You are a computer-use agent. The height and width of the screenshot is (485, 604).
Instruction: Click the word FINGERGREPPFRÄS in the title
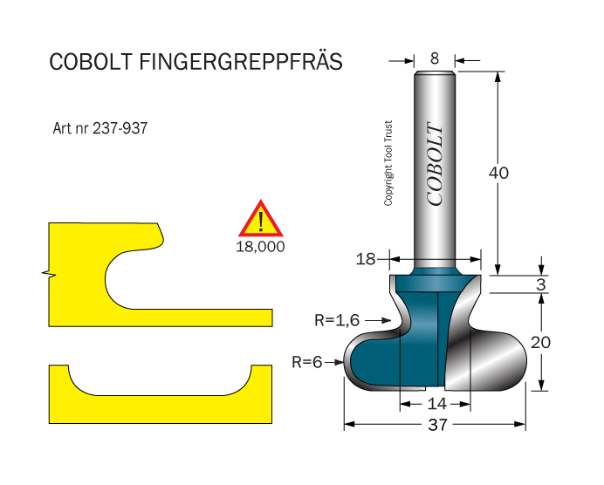(x=241, y=62)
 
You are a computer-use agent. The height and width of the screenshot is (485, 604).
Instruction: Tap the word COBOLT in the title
(x=93, y=62)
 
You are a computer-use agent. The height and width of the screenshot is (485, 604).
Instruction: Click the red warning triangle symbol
(x=261, y=220)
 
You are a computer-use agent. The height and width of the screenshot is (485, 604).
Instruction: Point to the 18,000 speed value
(x=261, y=246)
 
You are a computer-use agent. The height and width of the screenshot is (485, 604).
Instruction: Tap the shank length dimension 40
(x=498, y=173)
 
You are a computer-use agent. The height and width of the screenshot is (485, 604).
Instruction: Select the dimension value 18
(x=366, y=259)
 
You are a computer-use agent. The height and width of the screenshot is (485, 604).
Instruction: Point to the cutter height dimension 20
(x=541, y=343)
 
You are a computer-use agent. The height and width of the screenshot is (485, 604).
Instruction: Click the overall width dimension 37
(x=437, y=426)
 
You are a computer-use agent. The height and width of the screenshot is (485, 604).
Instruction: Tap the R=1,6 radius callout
(x=336, y=320)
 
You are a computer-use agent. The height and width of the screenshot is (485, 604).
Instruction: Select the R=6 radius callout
(x=306, y=360)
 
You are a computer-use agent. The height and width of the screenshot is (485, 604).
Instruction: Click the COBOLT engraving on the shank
(x=435, y=164)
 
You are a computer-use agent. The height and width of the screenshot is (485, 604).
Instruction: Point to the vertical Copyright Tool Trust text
(x=388, y=163)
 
